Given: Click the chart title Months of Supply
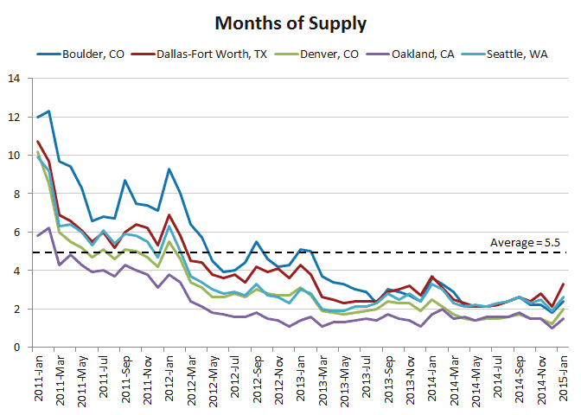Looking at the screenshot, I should [290, 22].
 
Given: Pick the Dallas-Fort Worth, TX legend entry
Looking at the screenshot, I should [213, 54].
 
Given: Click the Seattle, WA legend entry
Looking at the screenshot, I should [508, 54].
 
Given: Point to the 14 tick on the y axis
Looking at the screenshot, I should [15, 79].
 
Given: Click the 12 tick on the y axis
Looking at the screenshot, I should [15, 117].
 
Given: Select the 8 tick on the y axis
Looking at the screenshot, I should [18, 194].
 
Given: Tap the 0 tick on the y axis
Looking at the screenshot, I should [18, 348].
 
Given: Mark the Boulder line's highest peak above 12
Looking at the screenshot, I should [48, 111].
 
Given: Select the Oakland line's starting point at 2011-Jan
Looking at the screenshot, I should [37, 235].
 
